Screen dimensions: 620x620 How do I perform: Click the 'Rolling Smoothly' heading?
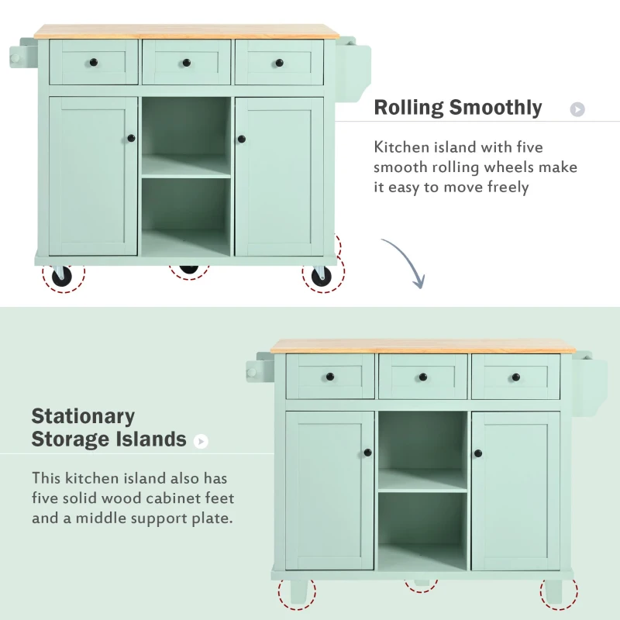click(x=457, y=108)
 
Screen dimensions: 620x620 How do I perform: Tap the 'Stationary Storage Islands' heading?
click(x=108, y=428)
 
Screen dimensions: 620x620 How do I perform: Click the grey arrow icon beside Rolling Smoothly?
click(x=577, y=109)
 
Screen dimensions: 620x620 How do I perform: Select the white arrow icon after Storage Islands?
click(x=201, y=441)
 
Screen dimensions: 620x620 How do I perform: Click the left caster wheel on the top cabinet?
click(x=62, y=276)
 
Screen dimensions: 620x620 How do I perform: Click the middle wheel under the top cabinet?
click(x=189, y=269)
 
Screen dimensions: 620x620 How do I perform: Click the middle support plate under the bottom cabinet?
click(x=422, y=581)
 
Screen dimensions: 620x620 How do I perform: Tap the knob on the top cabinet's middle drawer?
click(x=186, y=62)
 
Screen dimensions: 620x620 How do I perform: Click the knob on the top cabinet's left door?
click(x=131, y=139)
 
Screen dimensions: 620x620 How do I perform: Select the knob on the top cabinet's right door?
click(x=241, y=139)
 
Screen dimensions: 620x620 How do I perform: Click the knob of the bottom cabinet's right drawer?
click(x=515, y=377)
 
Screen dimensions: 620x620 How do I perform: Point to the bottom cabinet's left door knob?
click(x=368, y=453)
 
